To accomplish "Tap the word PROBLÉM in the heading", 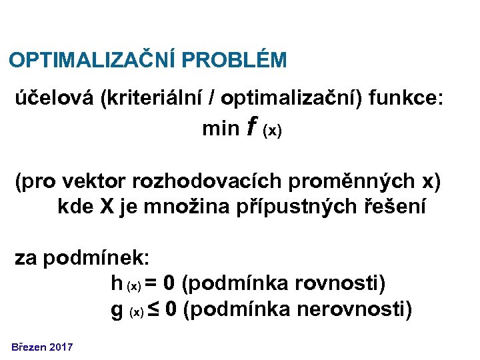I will click(234, 61).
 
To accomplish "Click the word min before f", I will click(220, 129).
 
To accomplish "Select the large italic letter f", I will click(251, 127).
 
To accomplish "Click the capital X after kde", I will click(107, 207).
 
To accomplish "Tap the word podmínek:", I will click(83, 258).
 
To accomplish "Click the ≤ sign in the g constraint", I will click(153, 309).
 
